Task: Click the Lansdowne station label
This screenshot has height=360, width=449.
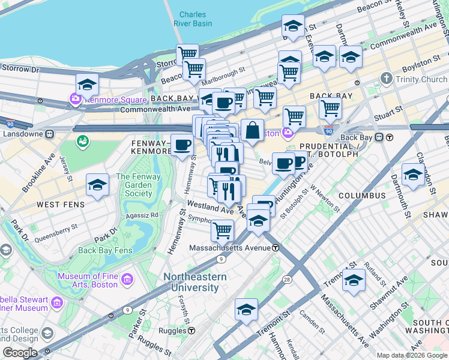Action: [x=23, y=133]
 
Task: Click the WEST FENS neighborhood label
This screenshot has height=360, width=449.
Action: [x=56, y=205]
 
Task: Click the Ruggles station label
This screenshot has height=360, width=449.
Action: [x=174, y=330]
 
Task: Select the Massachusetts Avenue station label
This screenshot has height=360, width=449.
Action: [x=231, y=247]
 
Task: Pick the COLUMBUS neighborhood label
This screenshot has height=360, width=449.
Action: [x=361, y=196]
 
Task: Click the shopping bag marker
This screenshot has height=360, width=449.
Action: [x=253, y=130]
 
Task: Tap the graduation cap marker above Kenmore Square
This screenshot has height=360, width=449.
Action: [x=87, y=84]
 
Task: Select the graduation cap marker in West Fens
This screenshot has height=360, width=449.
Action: [x=97, y=185]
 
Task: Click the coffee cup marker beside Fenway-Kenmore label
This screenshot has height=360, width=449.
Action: [x=182, y=145]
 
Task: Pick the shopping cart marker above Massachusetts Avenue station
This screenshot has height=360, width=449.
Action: [x=222, y=229]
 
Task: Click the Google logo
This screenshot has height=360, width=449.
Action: [x=20, y=353]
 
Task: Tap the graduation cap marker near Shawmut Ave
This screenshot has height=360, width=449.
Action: [x=354, y=280]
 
